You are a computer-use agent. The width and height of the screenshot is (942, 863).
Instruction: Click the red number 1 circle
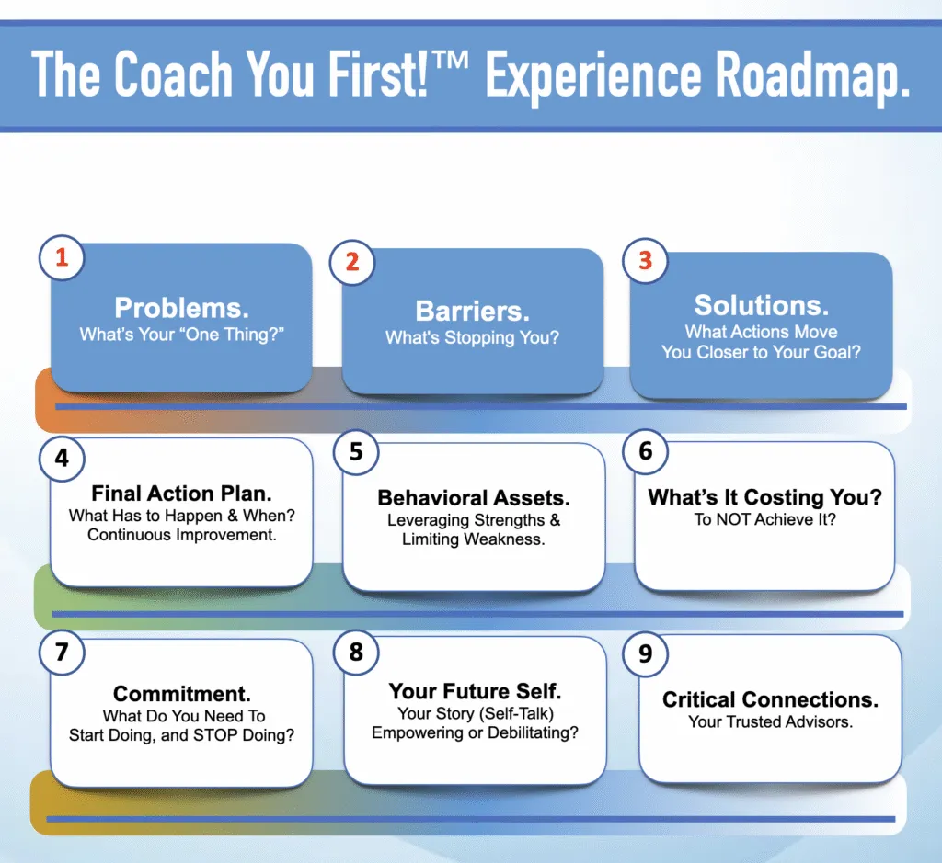tap(62, 257)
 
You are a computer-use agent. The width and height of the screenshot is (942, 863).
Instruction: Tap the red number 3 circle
tap(645, 261)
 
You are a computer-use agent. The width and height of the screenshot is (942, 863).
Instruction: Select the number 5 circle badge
tap(356, 452)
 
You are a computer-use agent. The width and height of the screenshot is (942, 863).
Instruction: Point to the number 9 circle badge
tap(646, 653)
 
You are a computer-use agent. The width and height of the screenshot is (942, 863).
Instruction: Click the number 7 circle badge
tap(62, 653)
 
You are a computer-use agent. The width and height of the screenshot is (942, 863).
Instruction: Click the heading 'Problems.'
tap(181, 308)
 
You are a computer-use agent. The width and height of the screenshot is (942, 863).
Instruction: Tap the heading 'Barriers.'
tap(472, 311)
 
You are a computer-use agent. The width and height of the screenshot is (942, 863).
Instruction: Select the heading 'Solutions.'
tap(761, 305)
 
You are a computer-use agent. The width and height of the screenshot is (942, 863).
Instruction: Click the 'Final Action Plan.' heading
tap(181, 494)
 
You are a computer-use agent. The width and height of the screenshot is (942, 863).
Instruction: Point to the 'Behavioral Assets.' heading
tap(474, 498)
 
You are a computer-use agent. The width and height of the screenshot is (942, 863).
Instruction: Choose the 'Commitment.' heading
tap(181, 694)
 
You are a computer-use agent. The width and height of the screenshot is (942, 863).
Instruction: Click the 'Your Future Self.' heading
tap(475, 691)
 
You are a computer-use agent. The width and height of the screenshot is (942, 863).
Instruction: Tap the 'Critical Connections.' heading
tap(770, 699)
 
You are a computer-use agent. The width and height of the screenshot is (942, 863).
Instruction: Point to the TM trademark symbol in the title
tap(449, 60)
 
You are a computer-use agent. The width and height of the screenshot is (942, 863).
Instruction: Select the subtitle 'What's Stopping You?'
tap(472, 338)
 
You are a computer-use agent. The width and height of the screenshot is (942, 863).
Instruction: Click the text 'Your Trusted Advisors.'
tap(770, 722)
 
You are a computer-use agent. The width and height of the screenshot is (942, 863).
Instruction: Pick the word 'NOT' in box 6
tap(732, 519)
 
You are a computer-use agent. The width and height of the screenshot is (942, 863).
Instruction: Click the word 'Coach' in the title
tap(173, 74)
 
